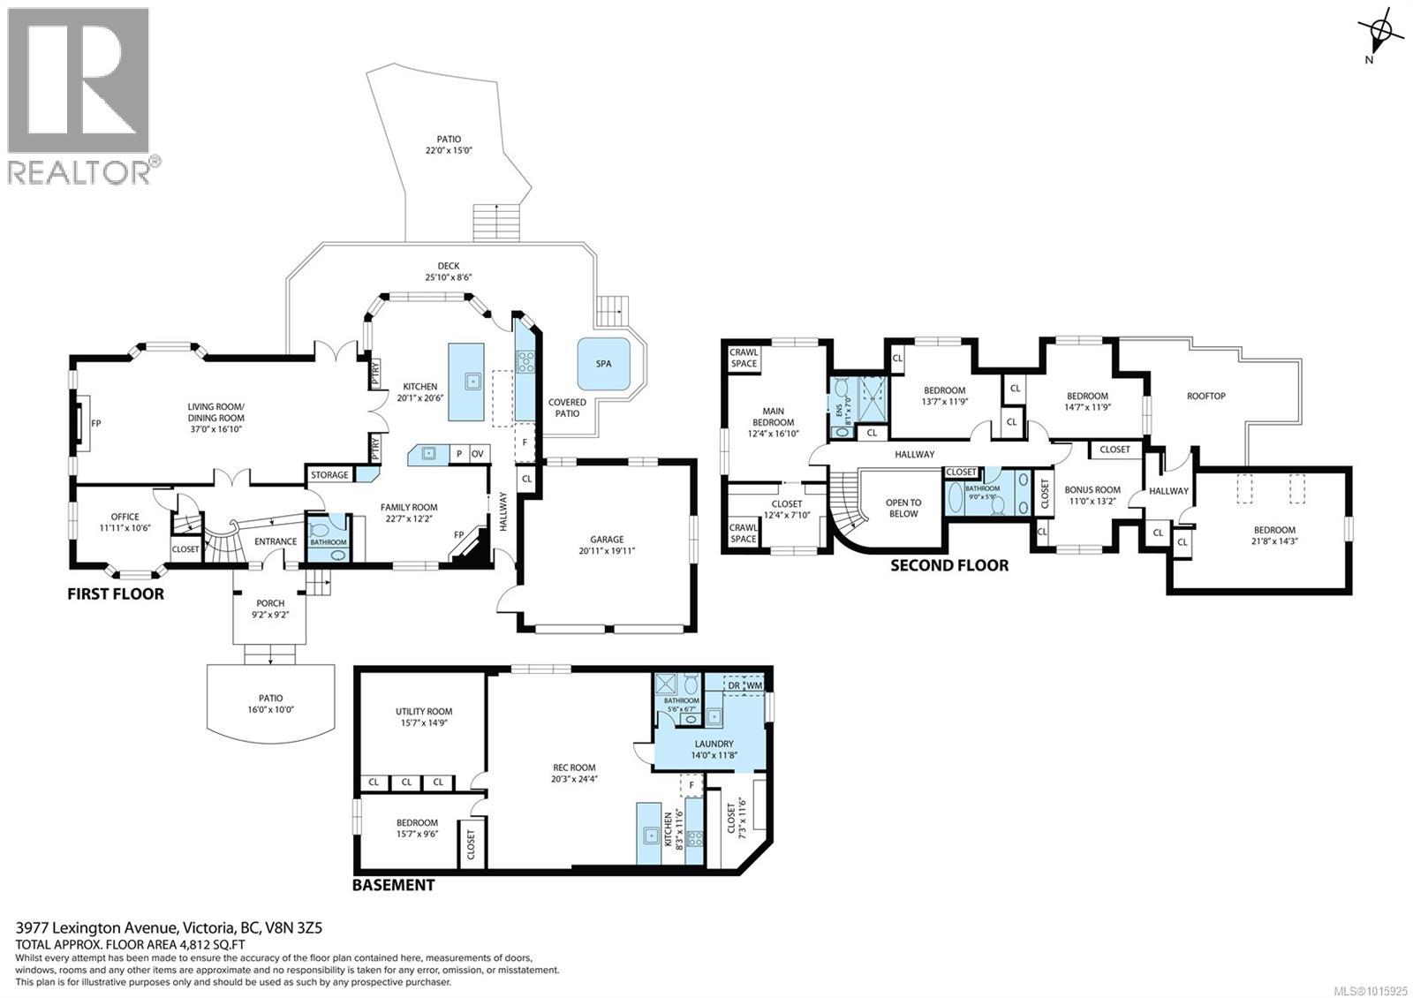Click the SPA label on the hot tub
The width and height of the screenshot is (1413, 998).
point(603,364)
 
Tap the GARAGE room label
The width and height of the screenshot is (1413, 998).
point(607,539)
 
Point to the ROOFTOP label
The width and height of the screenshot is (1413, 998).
point(1205,396)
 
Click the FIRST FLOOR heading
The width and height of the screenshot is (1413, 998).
point(116,594)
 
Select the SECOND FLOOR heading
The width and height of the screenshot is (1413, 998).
point(948,565)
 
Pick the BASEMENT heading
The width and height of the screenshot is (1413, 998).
point(393,884)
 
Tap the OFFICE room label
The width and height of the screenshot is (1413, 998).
point(125,517)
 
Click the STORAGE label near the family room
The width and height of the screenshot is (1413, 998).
point(329,475)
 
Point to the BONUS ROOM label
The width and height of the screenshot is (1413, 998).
point(1092,489)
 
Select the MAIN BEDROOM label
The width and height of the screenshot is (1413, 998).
point(773,416)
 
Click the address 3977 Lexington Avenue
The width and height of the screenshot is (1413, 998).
point(97,927)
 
